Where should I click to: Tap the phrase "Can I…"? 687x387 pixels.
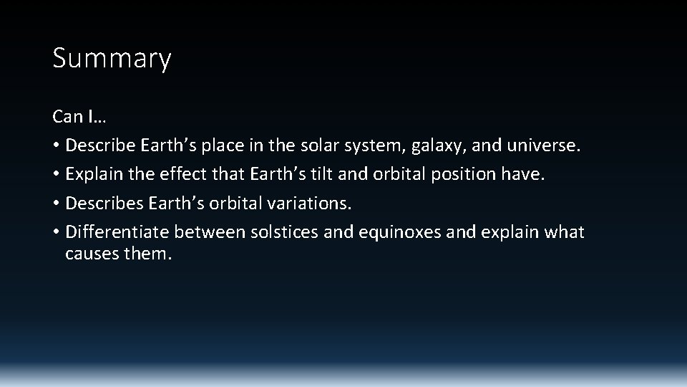click(79, 116)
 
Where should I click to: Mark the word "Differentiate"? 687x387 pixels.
click(117, 232)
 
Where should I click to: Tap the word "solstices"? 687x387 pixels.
click(280, 232)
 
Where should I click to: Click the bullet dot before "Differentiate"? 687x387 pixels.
click(56, 233)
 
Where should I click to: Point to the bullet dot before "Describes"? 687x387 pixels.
click(56, 204)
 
